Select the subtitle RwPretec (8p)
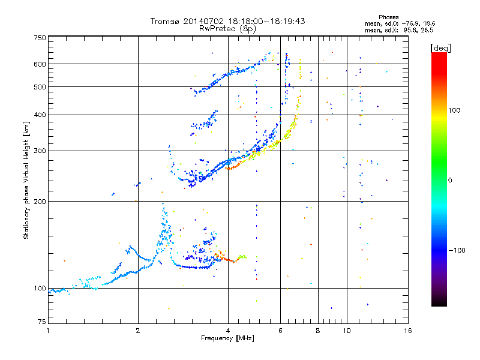click(x=227, y=29)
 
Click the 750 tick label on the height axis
click(x=40, y=38)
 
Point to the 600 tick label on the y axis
click(x=40, y=64)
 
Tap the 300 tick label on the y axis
click(x=40, y=151)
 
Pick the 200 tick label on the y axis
click(x=40, y=202)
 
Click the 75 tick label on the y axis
click(x=42, y=322)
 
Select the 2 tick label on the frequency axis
click(x=138, y=331)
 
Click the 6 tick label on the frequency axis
click(x=280, y=331)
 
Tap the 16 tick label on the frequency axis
click(x=408, y=331)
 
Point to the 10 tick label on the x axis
click(x=347, y=331)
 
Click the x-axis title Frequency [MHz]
click(x=227, y=338)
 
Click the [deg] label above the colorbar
click(x=440, y=49)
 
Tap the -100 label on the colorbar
click(x=457, y=250)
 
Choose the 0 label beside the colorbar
click(x=450, y=181)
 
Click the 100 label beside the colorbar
click(x=454, y=110)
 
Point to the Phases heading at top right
click(x=388, y=17)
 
